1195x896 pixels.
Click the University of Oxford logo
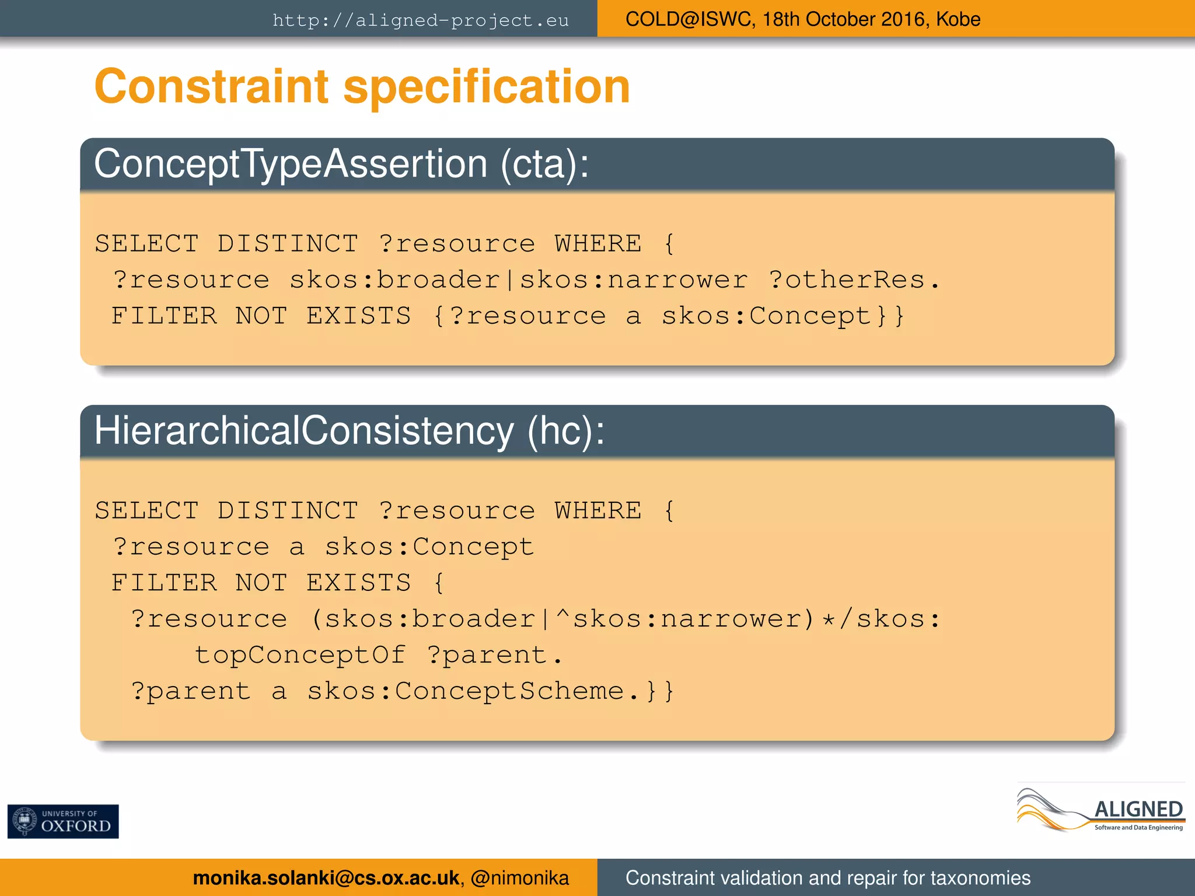point(63,821)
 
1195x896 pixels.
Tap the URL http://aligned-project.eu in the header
point(420,20)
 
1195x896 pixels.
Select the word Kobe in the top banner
point(958,19)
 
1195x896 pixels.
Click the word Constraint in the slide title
point(212,86)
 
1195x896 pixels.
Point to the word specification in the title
point(487,87)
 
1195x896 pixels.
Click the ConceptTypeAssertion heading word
point(290,164)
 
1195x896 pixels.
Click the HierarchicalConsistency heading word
point(304,431)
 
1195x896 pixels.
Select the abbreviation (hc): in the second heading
point(566,431)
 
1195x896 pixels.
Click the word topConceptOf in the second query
point(300,654)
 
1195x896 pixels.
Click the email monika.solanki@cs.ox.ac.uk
point(326,878)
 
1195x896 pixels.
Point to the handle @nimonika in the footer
point(519,878)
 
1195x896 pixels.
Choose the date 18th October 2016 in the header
point(845,19)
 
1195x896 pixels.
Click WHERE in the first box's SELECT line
point(598,244)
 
